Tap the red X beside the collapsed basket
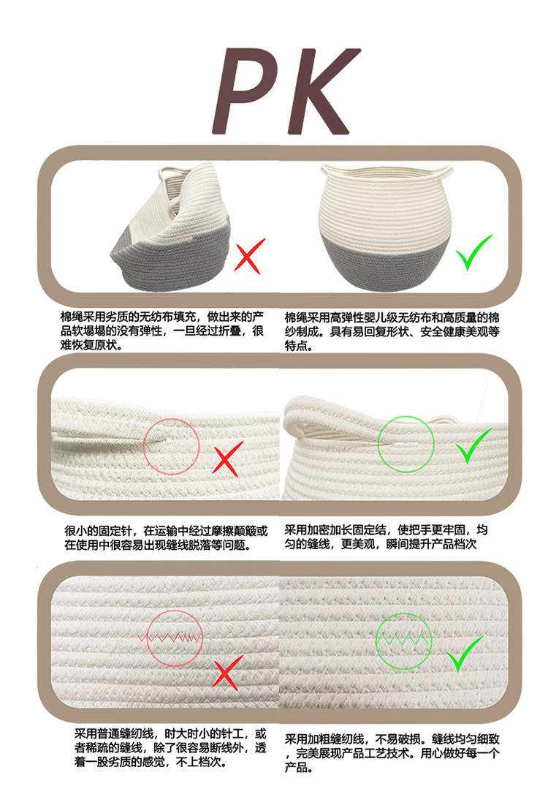click(x=250, y=256)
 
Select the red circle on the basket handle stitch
click(x=171, y=445)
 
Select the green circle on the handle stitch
click(x=406, y=442)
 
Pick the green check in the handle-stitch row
click(x=473, y=447)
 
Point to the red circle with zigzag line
click(x=173, y=637)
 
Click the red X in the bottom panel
click(x=227, y=671)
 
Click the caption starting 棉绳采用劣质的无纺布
click(x=162, y=330)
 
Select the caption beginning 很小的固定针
click(x=165, y=537)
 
